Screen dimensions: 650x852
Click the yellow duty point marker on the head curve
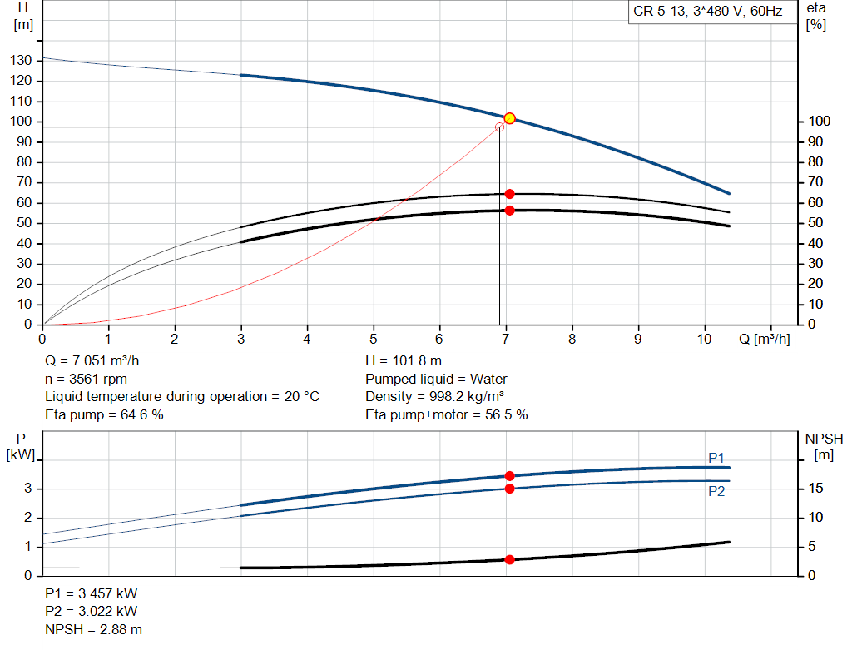pyautogui.click(x=510, y=118)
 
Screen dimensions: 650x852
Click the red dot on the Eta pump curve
pyautogui.click(x=510, y=194)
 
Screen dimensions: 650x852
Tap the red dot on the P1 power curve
pyautogui.click(x=510, y=476)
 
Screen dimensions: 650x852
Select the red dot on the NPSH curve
pyautogui.click(x=510, y=559)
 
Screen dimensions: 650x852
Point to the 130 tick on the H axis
pyautogui.click(x=22, y=61)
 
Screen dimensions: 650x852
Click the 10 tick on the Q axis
pyautogui.click(x=705, y=339)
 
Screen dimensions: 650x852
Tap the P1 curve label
pyautogui.click(x=716, y=457)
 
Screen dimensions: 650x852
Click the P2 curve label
pyautogui.click(x=716, y=491)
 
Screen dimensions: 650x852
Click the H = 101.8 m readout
pyautogui.click(x=404, y=361)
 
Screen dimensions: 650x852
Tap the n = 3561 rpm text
pyautogui.click(x=87, y=379)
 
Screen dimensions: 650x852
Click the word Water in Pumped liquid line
pyautogui.click(x=489, y=379)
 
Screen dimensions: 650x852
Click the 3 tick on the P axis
pyautogui.click(x=27, y=489)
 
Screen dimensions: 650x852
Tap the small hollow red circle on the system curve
pyautogui.click(x=499, y=127)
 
